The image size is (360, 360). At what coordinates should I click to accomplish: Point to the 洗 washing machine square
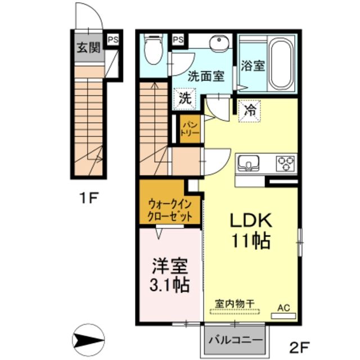point(184,98)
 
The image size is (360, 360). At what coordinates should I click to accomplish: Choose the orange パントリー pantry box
point(187,129)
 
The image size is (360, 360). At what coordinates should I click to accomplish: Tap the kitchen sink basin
point(247,164)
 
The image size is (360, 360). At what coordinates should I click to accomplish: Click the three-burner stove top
point(285,163)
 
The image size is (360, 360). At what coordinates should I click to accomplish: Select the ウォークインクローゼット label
point(170,209)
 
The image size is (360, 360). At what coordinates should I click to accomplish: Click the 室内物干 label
point(235,302)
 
